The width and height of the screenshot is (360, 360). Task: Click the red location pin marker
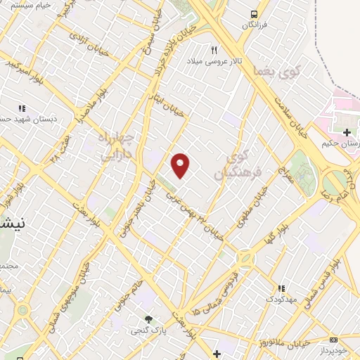(181, 165)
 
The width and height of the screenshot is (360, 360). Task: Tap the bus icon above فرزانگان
(255, 13)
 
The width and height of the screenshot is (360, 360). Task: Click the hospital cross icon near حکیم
(346, 131)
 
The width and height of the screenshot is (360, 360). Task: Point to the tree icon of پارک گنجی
(148, 319)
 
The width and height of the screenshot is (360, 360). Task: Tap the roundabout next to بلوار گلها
(245, 259)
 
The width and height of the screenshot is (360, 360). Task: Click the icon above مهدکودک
(281, 288)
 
